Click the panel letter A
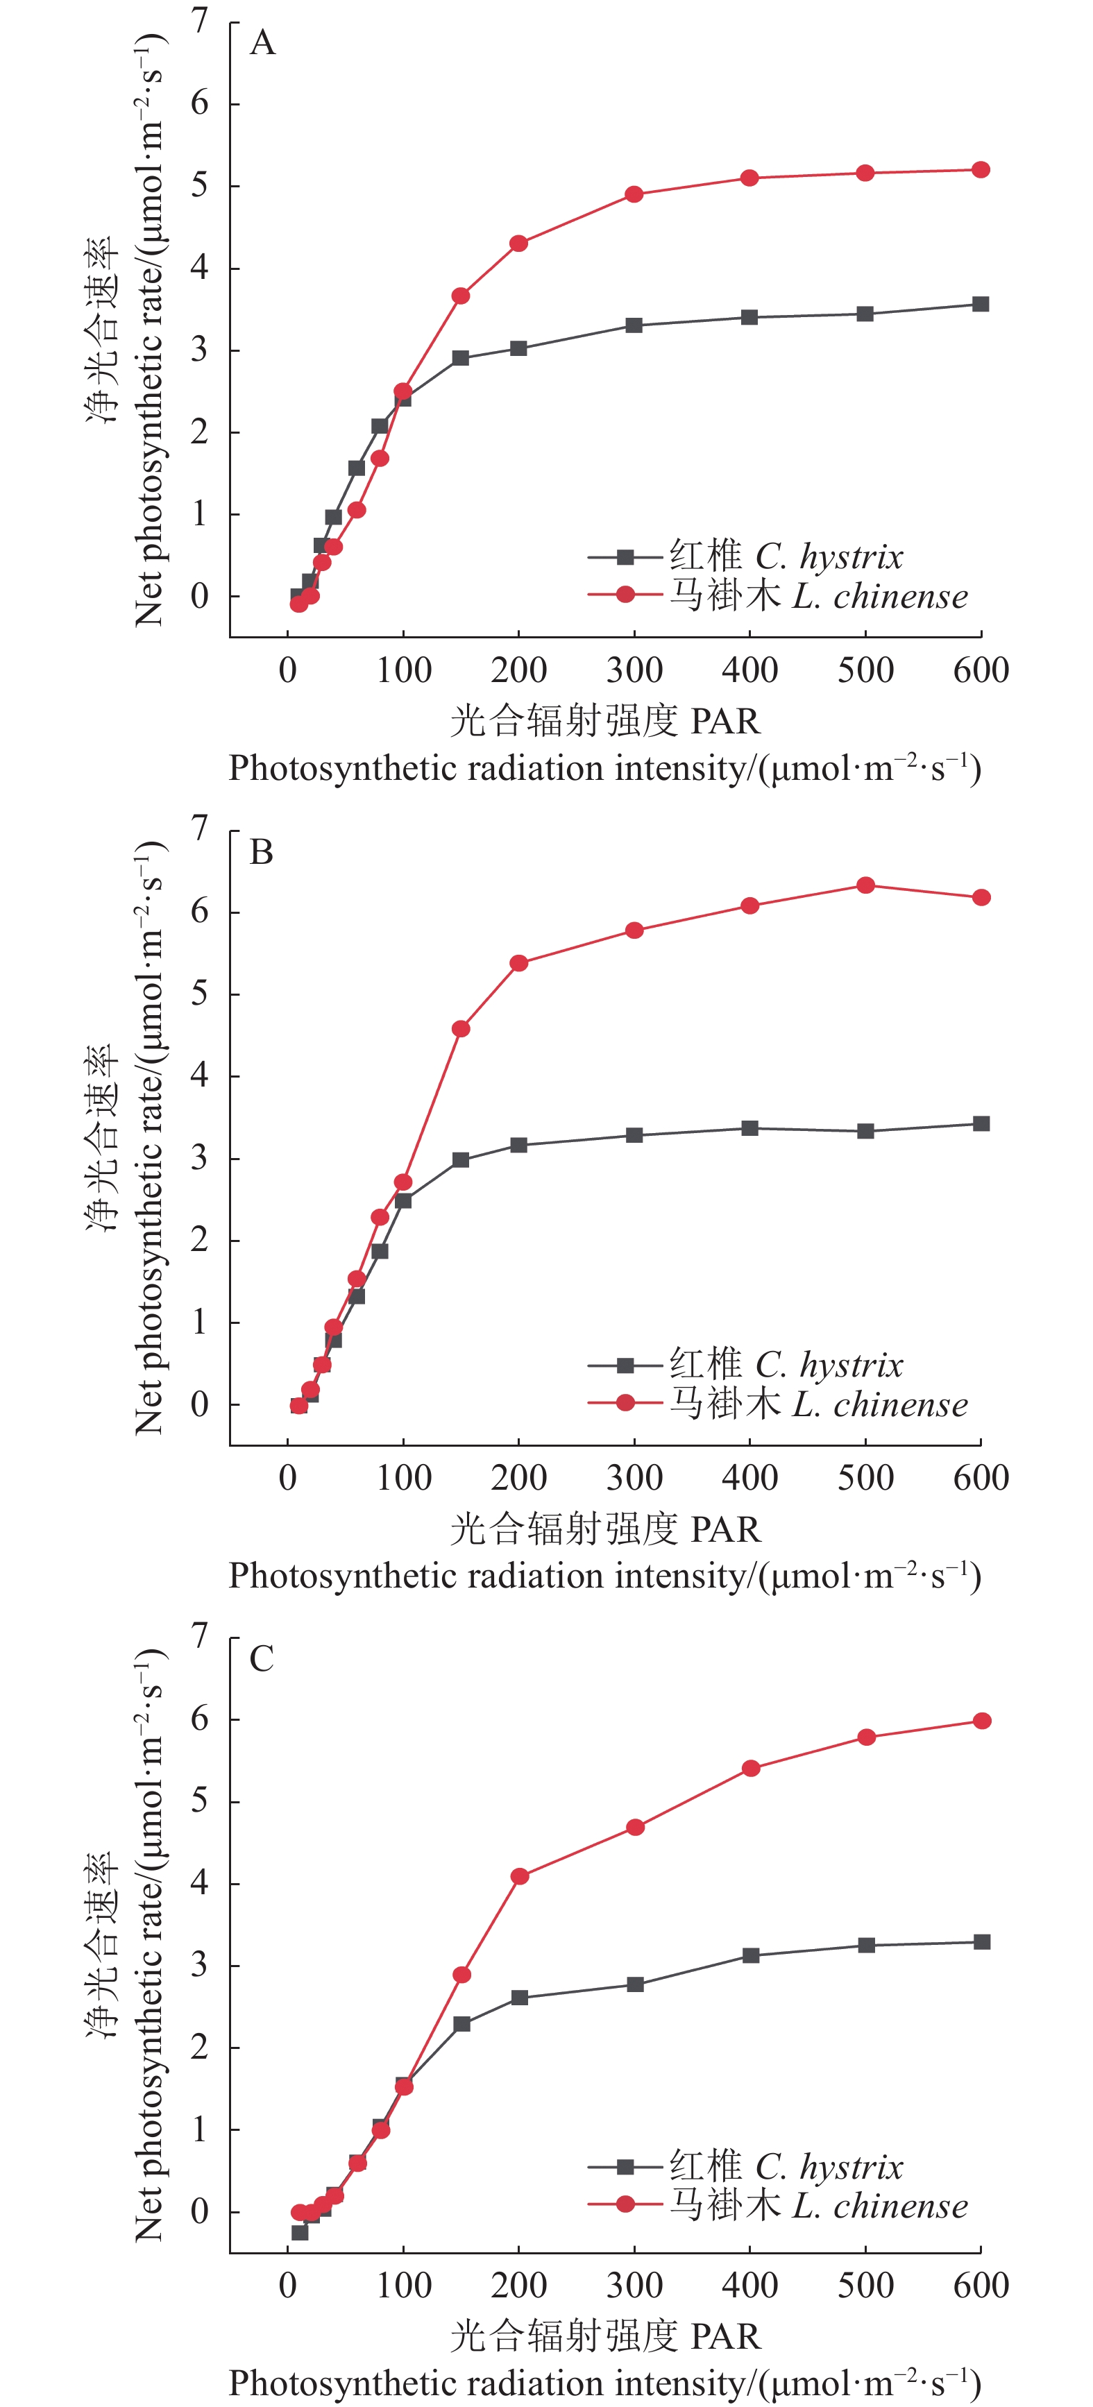click(262, 43)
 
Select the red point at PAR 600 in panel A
click(980, 170)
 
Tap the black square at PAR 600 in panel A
click(980, 305)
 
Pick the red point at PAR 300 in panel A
click(634, 194)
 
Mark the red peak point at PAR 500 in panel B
click(865, 885)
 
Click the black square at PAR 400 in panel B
click(749, 1129)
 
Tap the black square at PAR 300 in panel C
click(635, 1984)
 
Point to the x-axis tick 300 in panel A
click(634, 670)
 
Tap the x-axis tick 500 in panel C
click(865, 2286)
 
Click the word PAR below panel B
click(726, 1529)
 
